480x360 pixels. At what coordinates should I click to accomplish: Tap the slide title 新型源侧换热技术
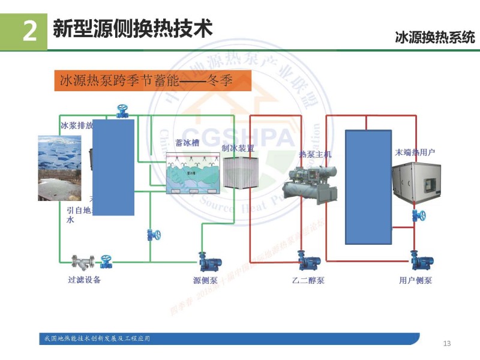click(133, 28)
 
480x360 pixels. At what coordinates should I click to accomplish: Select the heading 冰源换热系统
click(434, 38)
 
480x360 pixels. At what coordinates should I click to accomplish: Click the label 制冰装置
click(238, 148)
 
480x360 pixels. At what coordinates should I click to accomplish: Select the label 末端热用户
click(415, 152)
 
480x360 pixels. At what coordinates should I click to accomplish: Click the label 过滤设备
click(85, 280)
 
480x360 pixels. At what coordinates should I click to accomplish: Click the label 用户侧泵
click(415, 280)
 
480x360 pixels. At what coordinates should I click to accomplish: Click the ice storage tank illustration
click(193, 173)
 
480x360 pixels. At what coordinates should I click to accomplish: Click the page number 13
click(446, 343)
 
